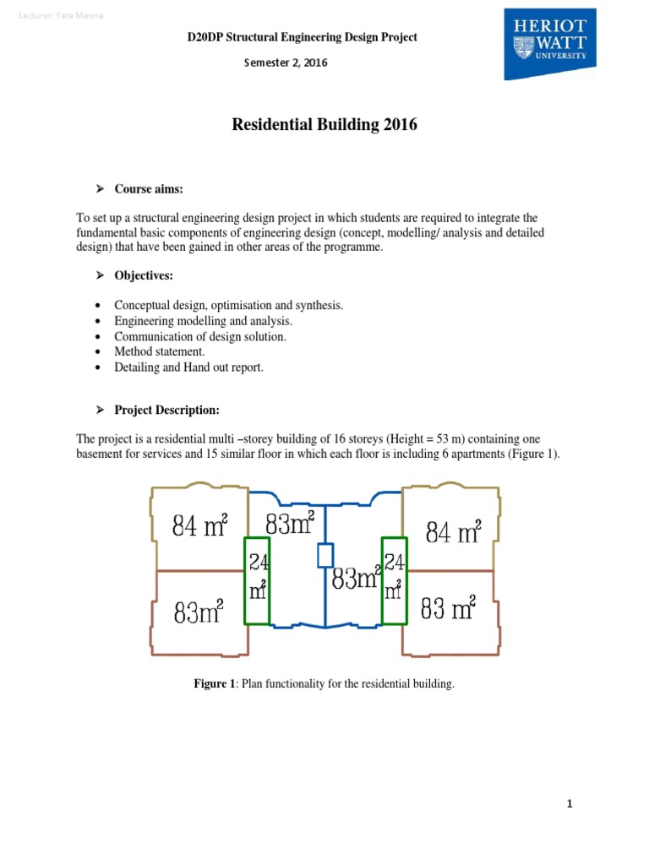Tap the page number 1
point(570,803)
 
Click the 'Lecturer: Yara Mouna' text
point(61,17)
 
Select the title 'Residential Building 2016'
point(324,125)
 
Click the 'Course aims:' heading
point(149,189)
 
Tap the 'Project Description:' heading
point(166,410)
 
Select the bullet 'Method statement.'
point(160,351)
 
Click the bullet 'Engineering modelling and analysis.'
point(204,321)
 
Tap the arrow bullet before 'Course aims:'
point(99,189)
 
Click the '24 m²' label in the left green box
point(257,577)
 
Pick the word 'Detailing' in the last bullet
point(138,367)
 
